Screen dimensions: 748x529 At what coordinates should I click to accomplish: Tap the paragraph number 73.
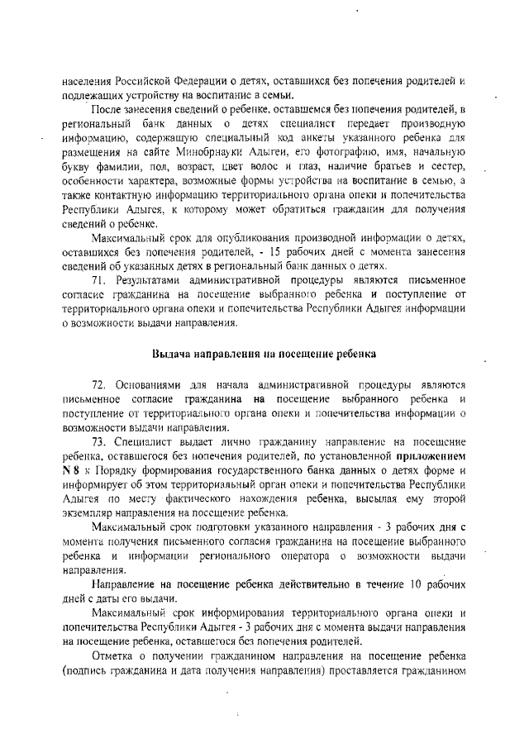100,441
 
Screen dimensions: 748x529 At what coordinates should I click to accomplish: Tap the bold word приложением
431,455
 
